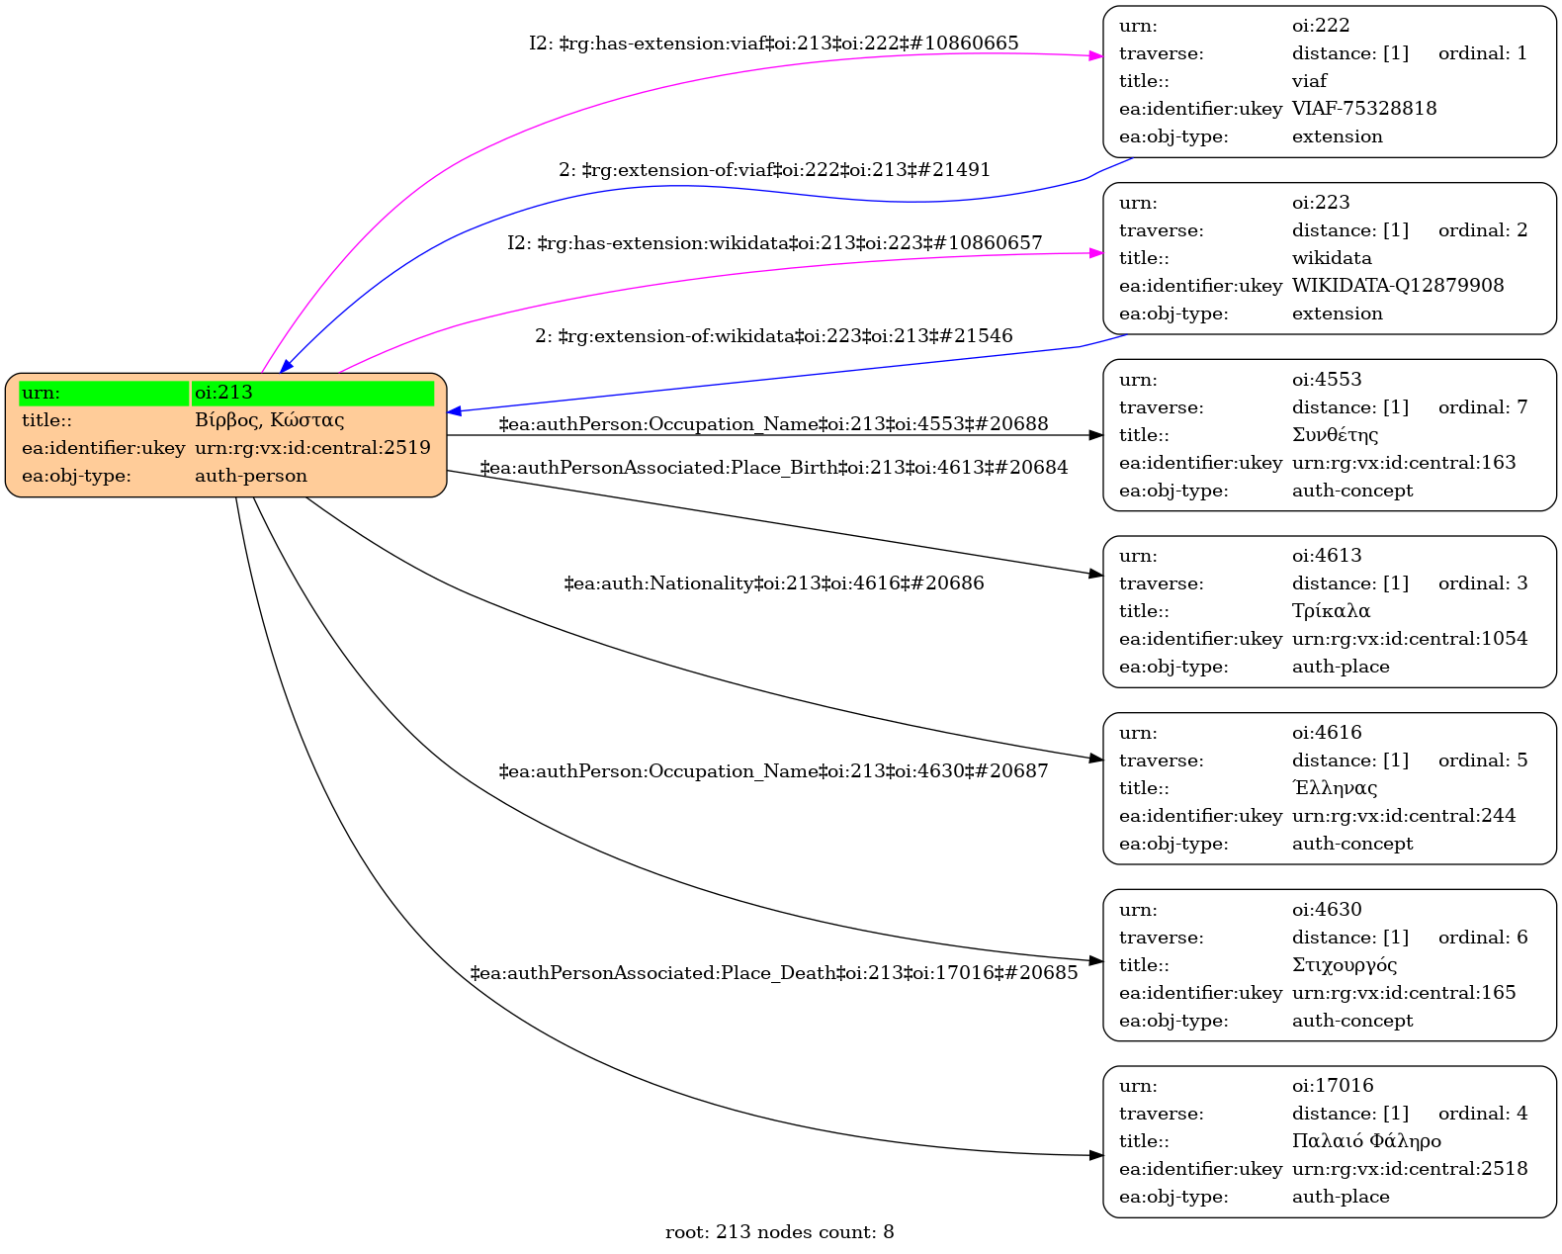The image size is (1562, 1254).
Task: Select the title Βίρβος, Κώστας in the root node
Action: pos(269,420)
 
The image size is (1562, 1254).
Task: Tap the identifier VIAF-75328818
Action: pos(1363,109)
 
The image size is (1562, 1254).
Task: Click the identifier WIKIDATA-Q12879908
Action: pos(1397,286)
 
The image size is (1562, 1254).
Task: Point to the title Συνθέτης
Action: pos(1334,435)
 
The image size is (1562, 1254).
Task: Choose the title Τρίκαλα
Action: pos(1331,611)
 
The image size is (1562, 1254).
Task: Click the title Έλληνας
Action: pos(1334,788)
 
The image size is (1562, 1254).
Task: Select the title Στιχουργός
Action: pos(1344,965)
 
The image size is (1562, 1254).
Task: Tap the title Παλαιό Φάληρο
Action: pos(1365,1141)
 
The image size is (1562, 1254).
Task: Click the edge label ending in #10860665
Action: pos(773,44)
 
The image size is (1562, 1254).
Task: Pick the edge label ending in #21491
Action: pos(774,170)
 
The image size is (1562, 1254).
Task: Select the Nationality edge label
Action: pos(773,583)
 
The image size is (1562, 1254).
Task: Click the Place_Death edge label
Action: pos(773,973)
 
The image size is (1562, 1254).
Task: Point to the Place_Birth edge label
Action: pos(773,468)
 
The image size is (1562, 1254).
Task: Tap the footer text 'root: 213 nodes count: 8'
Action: pos(779,1232)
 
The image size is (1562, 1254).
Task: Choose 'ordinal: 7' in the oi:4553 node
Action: pos(1482,407)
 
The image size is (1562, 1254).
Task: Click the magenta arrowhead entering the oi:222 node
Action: pos(1095,56)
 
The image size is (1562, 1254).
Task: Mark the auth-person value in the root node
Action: pos(250,476)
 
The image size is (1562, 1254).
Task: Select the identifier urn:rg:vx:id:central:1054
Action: pos(1409,639)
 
